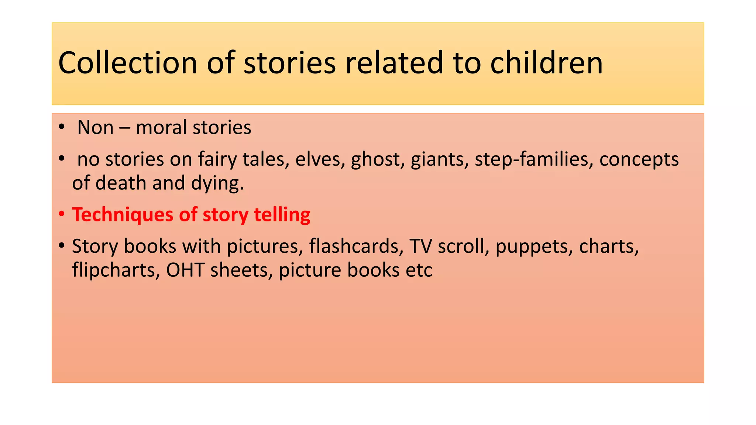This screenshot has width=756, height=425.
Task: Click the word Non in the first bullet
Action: click(95, 128)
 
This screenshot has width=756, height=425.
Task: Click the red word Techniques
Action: click(122, 215)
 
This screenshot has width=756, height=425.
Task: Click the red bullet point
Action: click(62, 214)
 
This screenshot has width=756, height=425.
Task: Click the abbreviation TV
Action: click(420, 246)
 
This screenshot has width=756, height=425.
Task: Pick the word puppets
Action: click(534, 247)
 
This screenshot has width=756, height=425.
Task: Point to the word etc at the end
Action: click(419, 270)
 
